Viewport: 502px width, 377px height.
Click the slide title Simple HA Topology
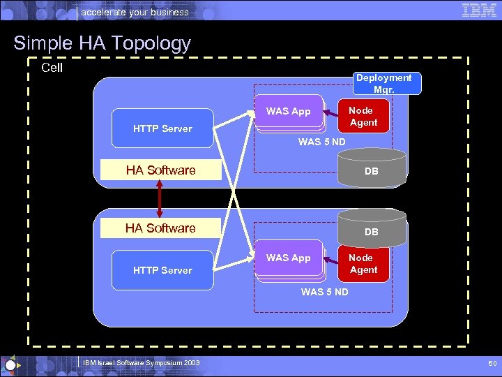pyautogui.click(x=102, y=43)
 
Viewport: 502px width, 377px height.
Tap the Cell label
pyautogui.click(x=52, y=68)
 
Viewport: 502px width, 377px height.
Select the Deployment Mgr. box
pyautogui.click(x=383, y=83)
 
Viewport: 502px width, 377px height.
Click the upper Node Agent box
pyautogui.click(x=363, y=116)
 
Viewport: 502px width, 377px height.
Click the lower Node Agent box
pyautogui.click(x=363, y=263)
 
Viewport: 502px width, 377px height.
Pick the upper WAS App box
pyautogui.click(x=288, y=112)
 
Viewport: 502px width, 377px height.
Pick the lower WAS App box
pyautogui.click(x=288, y=258)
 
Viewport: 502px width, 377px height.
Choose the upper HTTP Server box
pyautogui.click(x=162, y=128)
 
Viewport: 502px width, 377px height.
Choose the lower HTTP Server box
pyautogui.click(x=162, y=270)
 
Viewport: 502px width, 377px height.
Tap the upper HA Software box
pyautogui.click(x=160, y=170)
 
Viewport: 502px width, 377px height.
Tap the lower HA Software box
pyautogui.click(x=160, y=228)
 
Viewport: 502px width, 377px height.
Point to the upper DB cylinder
pyautogui.click(x=372, y=169)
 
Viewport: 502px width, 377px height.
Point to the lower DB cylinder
pyautogui.click(x=372, y=229)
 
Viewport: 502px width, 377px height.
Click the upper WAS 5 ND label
pyautogui.click(x=323, y=142)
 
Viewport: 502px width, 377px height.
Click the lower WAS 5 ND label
pyautogui.click(x=325, y=292)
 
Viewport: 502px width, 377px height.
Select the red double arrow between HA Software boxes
pyautogui.click(x=160, y=199)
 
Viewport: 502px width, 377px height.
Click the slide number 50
pyautogui.click(x=492, y=364)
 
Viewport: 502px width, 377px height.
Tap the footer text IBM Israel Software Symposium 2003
pyautogui.click(x=142, y=363)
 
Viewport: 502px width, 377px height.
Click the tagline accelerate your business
pyautogui.click(x=135, y=12)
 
